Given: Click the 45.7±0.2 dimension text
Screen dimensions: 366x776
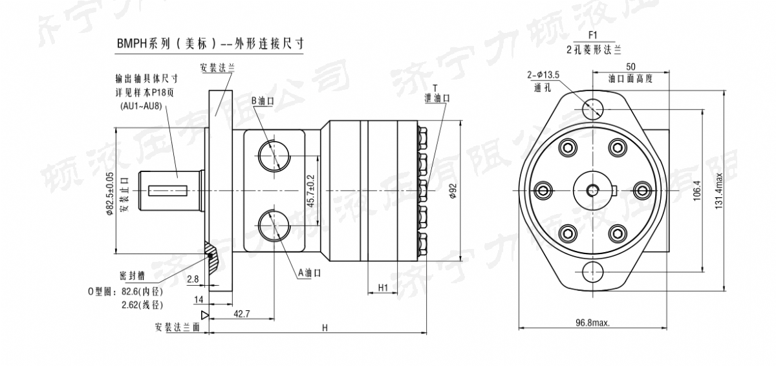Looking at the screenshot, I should pyautogui.click(x=311, y=191).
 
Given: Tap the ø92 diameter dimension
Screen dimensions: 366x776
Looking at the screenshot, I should pyautogui.click(x=453, y=191).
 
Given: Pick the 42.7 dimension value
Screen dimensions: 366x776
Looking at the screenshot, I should pyautogui.click(x=242, y=314).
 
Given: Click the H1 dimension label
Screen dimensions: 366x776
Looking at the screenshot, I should pyautogui.click(x=382, y=286).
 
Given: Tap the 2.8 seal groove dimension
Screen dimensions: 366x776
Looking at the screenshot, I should pyautogui.click(x=193, y=279).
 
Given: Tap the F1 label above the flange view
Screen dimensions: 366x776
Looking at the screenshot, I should pyautogui.click(x=593, y=36).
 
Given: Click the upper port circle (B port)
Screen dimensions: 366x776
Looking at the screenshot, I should pyautogui.click(x=272, y=155).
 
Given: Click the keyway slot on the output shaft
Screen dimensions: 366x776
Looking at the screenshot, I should pyautogui.click(x=167, y=190).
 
